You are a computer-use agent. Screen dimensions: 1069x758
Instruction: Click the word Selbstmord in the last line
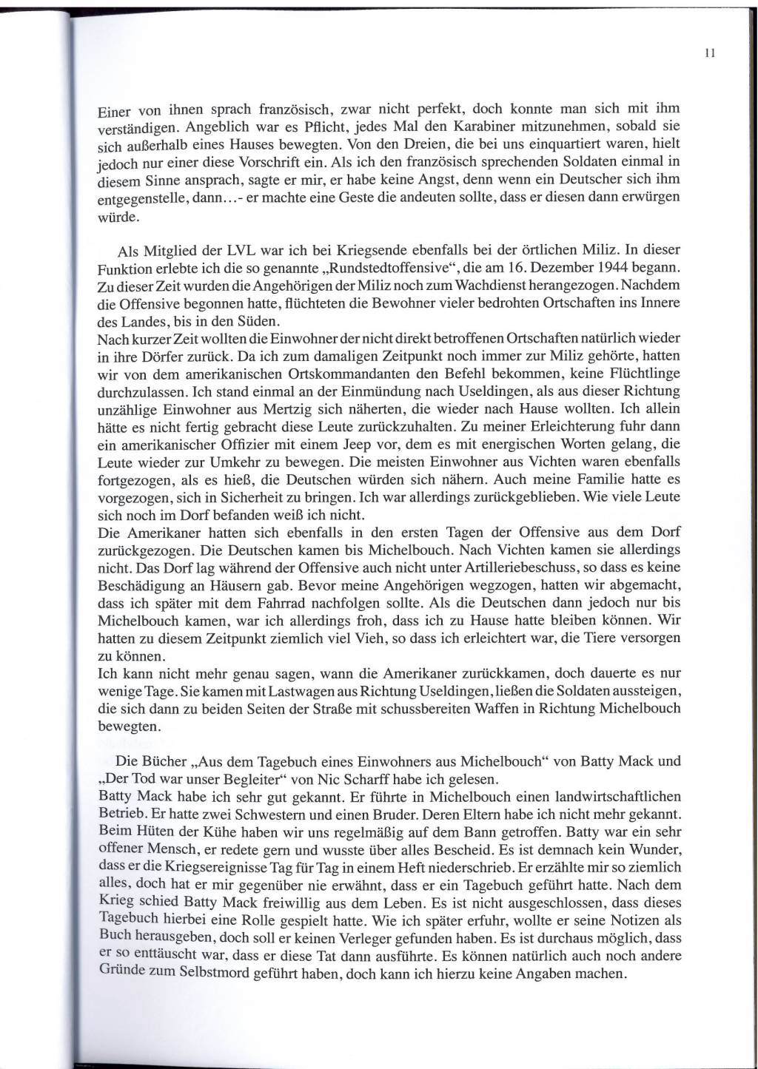tap(215, 974)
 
